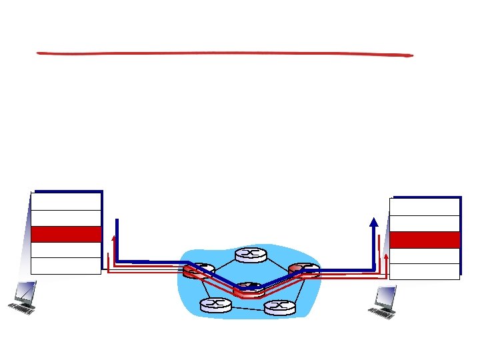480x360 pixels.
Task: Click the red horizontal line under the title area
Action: click(225, 53)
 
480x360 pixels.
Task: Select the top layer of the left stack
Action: click(66, 201)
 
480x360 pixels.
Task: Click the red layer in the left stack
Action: click(66, 234)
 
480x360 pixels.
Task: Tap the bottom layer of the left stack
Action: click(66, 265)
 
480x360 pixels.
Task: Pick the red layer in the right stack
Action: click(425, 239)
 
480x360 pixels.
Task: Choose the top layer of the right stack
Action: click(425, 207)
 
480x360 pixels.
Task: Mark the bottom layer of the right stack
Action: click(425, 271)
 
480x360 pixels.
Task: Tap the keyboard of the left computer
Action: click(22, 309)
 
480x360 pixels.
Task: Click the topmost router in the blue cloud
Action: click(251, 255)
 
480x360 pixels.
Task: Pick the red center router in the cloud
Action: click(249, 289)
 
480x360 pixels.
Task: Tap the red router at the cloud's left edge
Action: click(198, 271)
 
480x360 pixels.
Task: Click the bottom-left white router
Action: click(215, 305)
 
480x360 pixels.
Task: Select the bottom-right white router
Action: click(279, 307)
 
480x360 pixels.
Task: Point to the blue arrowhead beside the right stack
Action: click(374, 223)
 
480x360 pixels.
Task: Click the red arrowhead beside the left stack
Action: click(114, 238)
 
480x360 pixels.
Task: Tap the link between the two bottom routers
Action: click(247, 307)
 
